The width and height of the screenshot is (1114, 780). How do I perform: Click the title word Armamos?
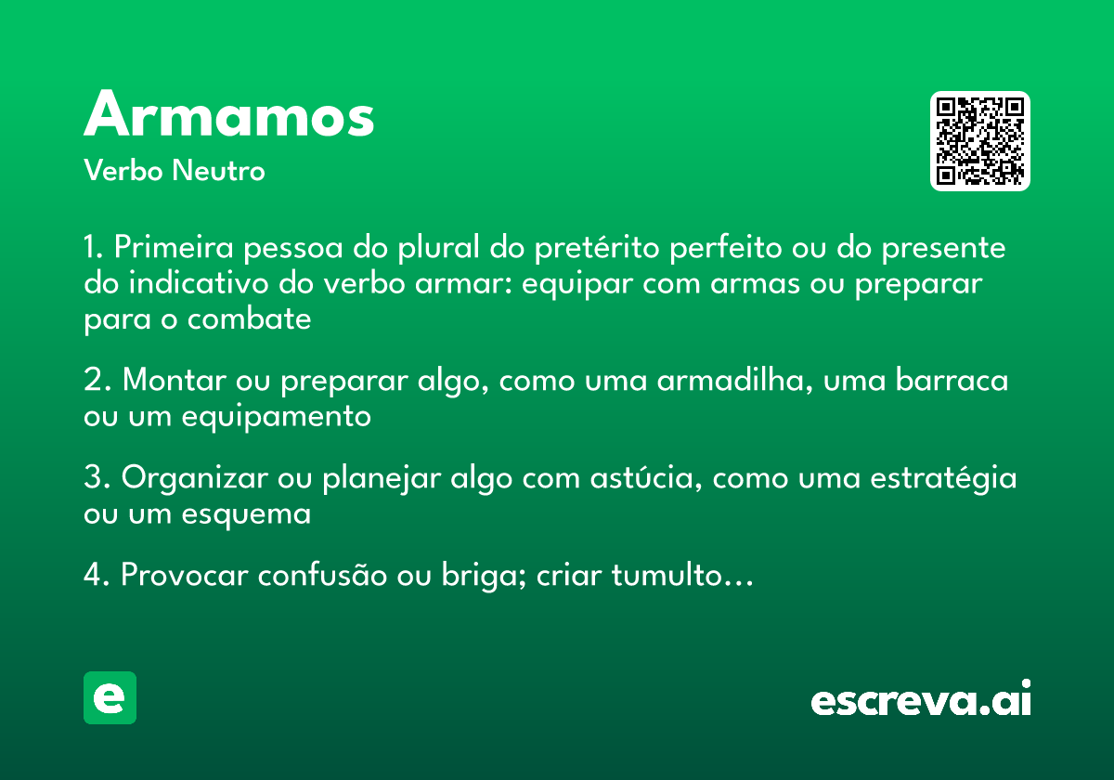click(x=228, y=116)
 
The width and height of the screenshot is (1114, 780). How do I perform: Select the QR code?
click(x=979, y=141)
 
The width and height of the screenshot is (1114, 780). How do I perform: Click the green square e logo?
click(x=110, y=697)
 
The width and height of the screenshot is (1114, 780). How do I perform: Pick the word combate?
click(x=249, y=318)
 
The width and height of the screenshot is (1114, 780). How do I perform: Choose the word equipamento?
click(x=276, y=416)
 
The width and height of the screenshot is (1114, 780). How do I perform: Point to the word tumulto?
click(x=666, y=576)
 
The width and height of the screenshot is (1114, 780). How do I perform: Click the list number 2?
click(x=95, y=381)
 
